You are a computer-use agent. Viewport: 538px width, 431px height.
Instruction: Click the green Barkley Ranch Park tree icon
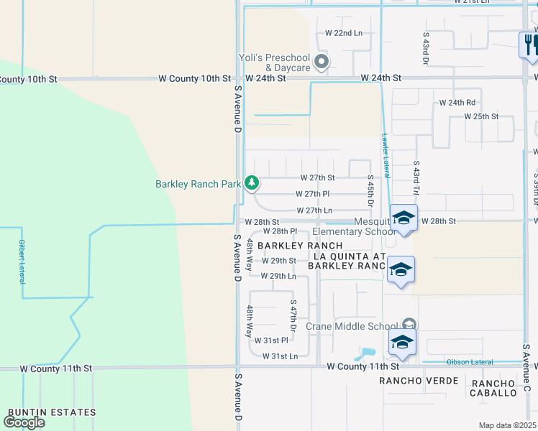click(x=251, y=183)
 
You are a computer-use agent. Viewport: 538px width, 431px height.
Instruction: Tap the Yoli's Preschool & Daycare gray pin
click(x=323, y=62)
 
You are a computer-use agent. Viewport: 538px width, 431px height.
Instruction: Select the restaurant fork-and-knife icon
click(x=529, y=45)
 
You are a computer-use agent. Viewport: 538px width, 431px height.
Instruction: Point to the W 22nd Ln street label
click(x=344, y=33)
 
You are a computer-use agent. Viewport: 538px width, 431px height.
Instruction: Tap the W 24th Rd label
click(x=457, y=103)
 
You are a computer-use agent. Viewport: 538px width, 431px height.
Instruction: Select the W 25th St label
click(x=481, y=116)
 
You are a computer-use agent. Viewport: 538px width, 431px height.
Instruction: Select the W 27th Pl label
click(x=312, y=194)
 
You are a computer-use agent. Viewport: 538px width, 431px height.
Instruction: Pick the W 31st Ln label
click(x=280, y=356)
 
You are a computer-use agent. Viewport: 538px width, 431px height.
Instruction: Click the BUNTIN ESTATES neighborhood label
click(x=52, y=412)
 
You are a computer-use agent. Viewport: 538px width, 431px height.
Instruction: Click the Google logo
click(x=24, y=422)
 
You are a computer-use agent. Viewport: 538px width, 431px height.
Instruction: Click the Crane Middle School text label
click(x=352, y=326)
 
